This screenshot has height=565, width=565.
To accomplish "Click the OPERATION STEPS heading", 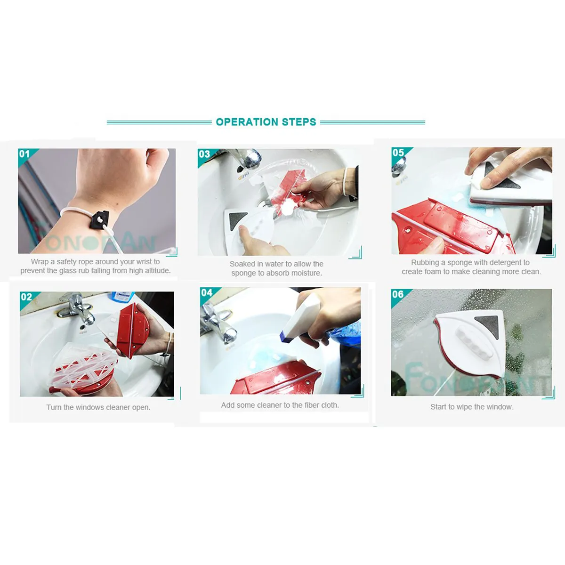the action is click(266, 122).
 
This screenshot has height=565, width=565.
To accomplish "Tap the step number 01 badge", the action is click(24, 154).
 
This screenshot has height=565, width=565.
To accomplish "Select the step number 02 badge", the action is click(26, 297).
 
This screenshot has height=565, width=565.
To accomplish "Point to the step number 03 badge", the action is click(204, 154).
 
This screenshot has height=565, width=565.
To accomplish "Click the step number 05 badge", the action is click(398, 153).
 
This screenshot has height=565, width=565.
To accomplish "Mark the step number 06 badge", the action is click(398, 294).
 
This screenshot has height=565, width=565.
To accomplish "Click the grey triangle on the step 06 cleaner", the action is click(488, 326).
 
